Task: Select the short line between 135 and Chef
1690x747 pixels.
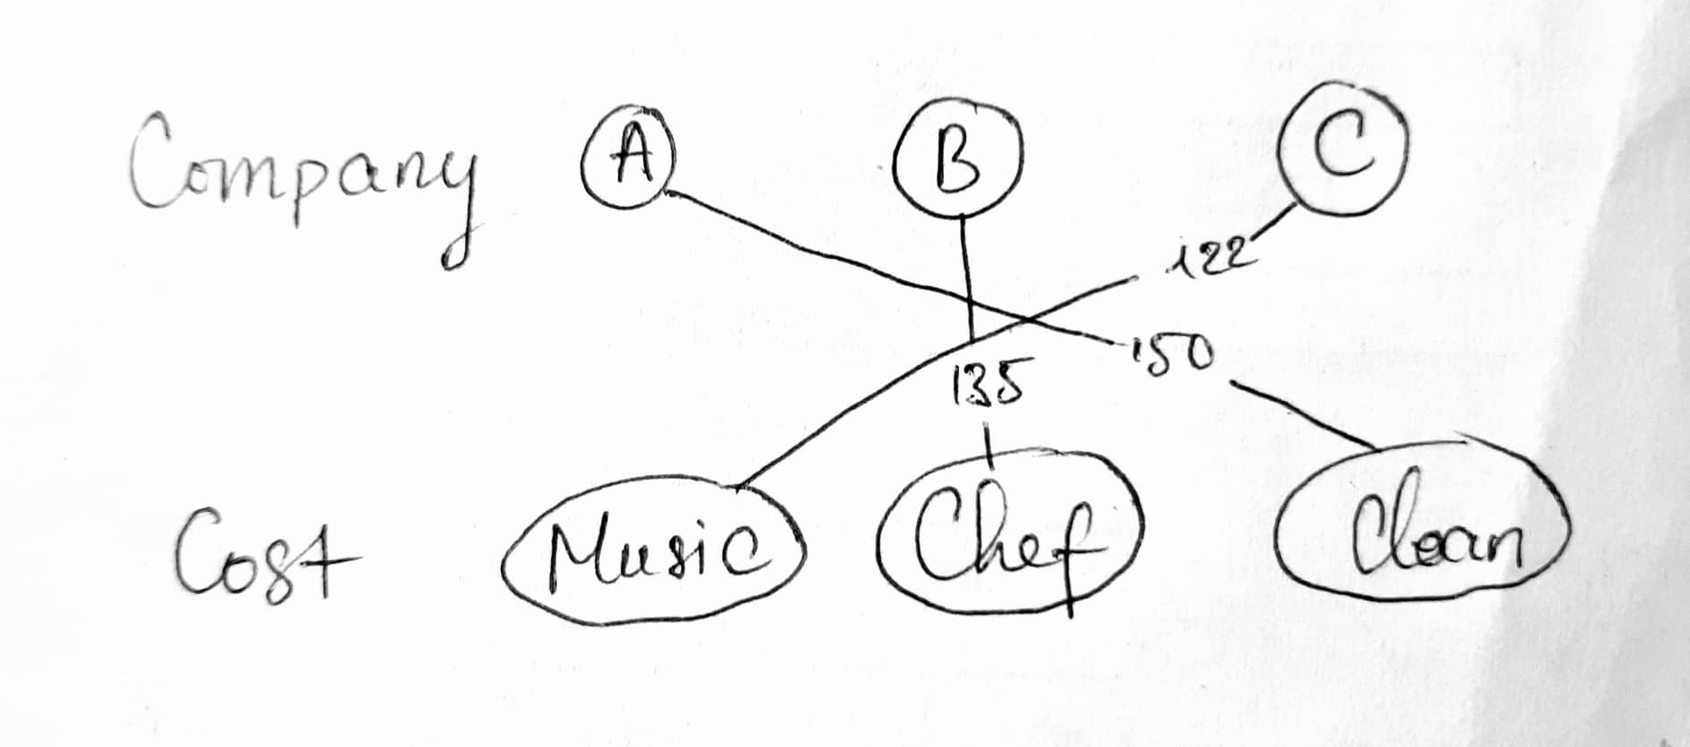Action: coord(987,446)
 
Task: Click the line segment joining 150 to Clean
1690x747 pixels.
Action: coord(1304,416)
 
